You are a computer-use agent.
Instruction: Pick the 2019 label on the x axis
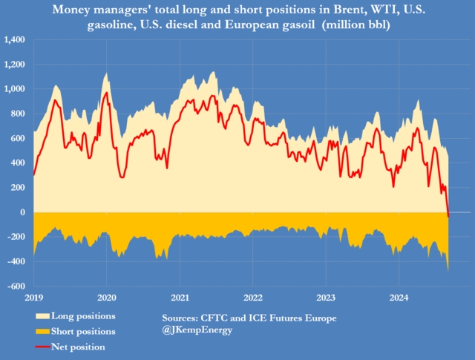click(x=33, y=298)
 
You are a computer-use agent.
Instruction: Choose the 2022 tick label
click(x=252, y=298)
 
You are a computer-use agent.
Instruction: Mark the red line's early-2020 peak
click(x=105, y=93)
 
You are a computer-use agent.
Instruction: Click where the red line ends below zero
click(x=449, y=216)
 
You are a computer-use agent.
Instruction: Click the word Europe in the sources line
click(x=320, y=318)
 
